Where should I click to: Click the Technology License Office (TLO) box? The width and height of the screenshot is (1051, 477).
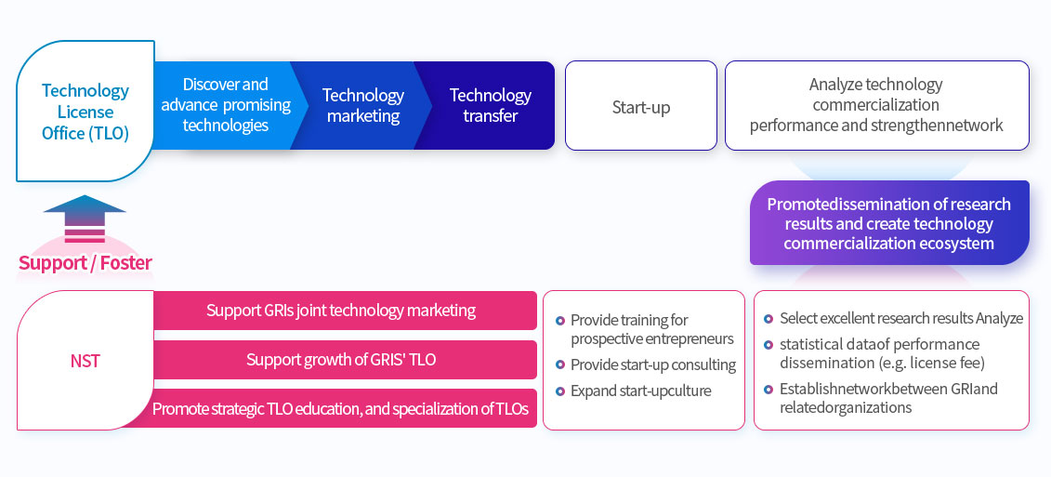(x=85, y=112)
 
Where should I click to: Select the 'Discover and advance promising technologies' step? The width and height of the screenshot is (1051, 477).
(x=226, y=105)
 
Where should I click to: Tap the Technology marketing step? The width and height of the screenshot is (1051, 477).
(x=362, y=105)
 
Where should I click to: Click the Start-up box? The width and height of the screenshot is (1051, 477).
(x=641, y=106)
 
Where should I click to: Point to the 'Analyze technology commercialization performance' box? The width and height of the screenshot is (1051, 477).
(x=876, y=105)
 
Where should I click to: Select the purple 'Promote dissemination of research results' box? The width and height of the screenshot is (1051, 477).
(x=888, y=223)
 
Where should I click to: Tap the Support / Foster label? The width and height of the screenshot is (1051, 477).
(x=85, y=263)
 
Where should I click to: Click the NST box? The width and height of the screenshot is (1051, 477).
(x=85, y=360)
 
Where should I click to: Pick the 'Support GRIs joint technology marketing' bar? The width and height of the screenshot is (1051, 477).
(x=341, y=311)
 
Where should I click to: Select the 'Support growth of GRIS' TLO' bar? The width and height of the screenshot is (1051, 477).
(x=341, y=360)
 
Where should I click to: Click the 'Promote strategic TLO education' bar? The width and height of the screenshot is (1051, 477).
(x=341, y=408)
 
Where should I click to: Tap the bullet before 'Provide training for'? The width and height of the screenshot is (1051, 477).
(x=560, y=321)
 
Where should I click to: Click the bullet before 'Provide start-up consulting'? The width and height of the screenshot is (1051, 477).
(x=560, y=365)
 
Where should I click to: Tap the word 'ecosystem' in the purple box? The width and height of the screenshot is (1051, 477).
(x=956, y=243)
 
